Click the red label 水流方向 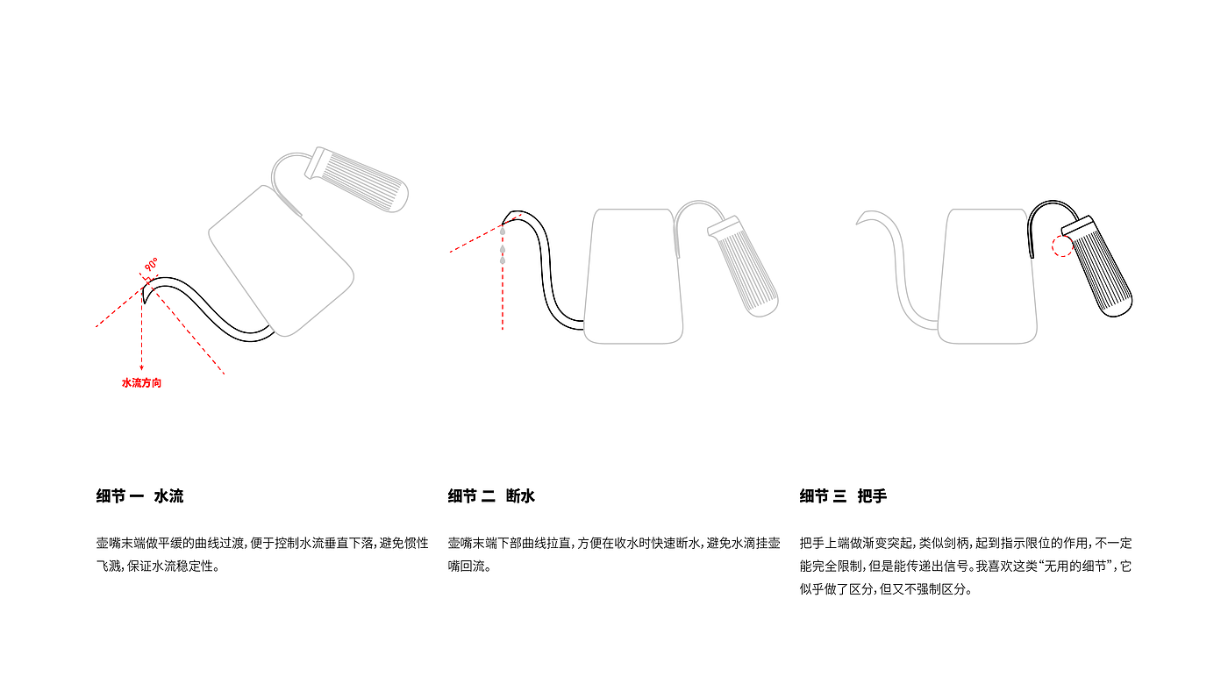click(141, 383)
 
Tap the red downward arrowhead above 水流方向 click(141, 368)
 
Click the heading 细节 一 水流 click(139, 496)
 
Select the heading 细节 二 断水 click(491, 496)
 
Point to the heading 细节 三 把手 click(843, 496)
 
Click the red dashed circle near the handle click(1062, 245)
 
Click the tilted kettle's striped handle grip click(361, 179)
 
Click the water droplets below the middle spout click(503, 253)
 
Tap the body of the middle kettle click(634, 276)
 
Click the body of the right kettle click(987, 276)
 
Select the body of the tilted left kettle click(281, 259)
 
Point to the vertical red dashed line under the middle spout click(503, 298)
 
